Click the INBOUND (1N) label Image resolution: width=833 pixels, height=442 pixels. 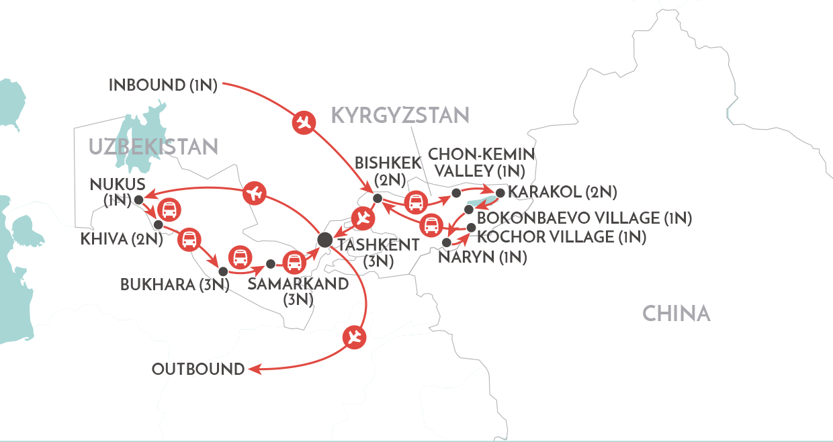163,85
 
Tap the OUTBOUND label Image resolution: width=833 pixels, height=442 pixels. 198,369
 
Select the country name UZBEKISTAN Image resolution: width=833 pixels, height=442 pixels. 153,147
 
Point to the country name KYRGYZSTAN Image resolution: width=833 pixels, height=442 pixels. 400,115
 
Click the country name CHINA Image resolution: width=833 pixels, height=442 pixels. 676,313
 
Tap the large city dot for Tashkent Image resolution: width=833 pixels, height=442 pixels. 324,238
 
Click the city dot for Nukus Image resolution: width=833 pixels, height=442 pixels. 138,200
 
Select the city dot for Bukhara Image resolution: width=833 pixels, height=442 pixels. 222,271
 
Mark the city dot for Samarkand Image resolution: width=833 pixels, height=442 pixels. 271,263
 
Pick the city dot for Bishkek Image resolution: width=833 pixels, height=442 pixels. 378,198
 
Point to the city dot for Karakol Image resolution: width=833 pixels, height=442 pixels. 500,193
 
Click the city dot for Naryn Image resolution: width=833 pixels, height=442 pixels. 447,242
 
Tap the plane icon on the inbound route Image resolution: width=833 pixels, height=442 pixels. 303,123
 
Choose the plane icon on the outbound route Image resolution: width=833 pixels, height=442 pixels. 354,338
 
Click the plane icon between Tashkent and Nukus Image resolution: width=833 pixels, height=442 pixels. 254,193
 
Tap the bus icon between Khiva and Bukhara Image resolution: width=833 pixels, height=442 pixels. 189,239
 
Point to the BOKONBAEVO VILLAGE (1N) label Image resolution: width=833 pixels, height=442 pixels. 584,218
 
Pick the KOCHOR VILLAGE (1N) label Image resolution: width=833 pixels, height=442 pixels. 562,236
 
